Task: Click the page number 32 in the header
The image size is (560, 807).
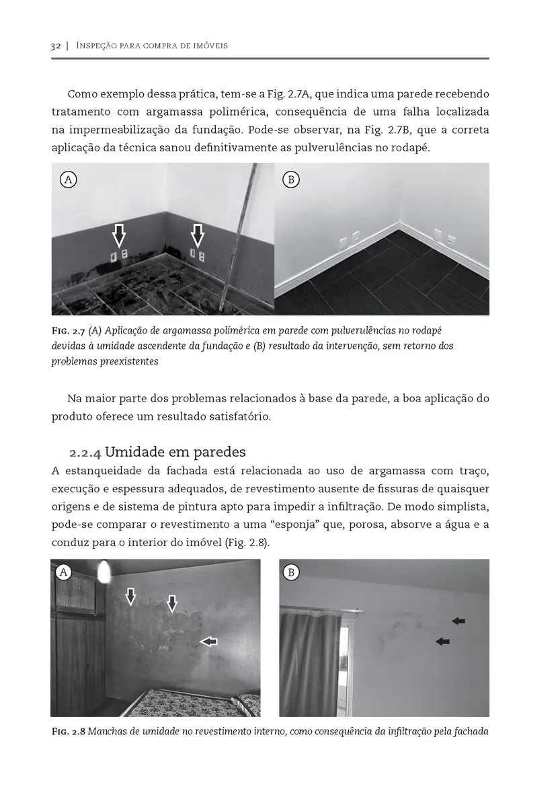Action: pos(56,46)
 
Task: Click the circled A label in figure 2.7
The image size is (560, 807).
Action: pos(67,180)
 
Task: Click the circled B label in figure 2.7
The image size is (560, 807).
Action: pos(290,180)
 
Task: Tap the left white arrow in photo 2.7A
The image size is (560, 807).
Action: pos(119,235)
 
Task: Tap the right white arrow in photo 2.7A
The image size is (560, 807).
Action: pos(198,235)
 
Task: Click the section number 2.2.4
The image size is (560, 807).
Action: pos(85,451)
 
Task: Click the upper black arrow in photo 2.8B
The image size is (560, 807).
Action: pos(458,621)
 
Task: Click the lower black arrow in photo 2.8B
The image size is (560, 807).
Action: pos(442,642)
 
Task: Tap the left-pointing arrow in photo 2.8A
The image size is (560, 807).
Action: pos(209,642)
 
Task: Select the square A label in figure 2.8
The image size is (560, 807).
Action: pos(64,572)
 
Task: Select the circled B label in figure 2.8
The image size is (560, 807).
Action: pos(291,572)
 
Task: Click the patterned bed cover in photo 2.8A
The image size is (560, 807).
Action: pos(195,703)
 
